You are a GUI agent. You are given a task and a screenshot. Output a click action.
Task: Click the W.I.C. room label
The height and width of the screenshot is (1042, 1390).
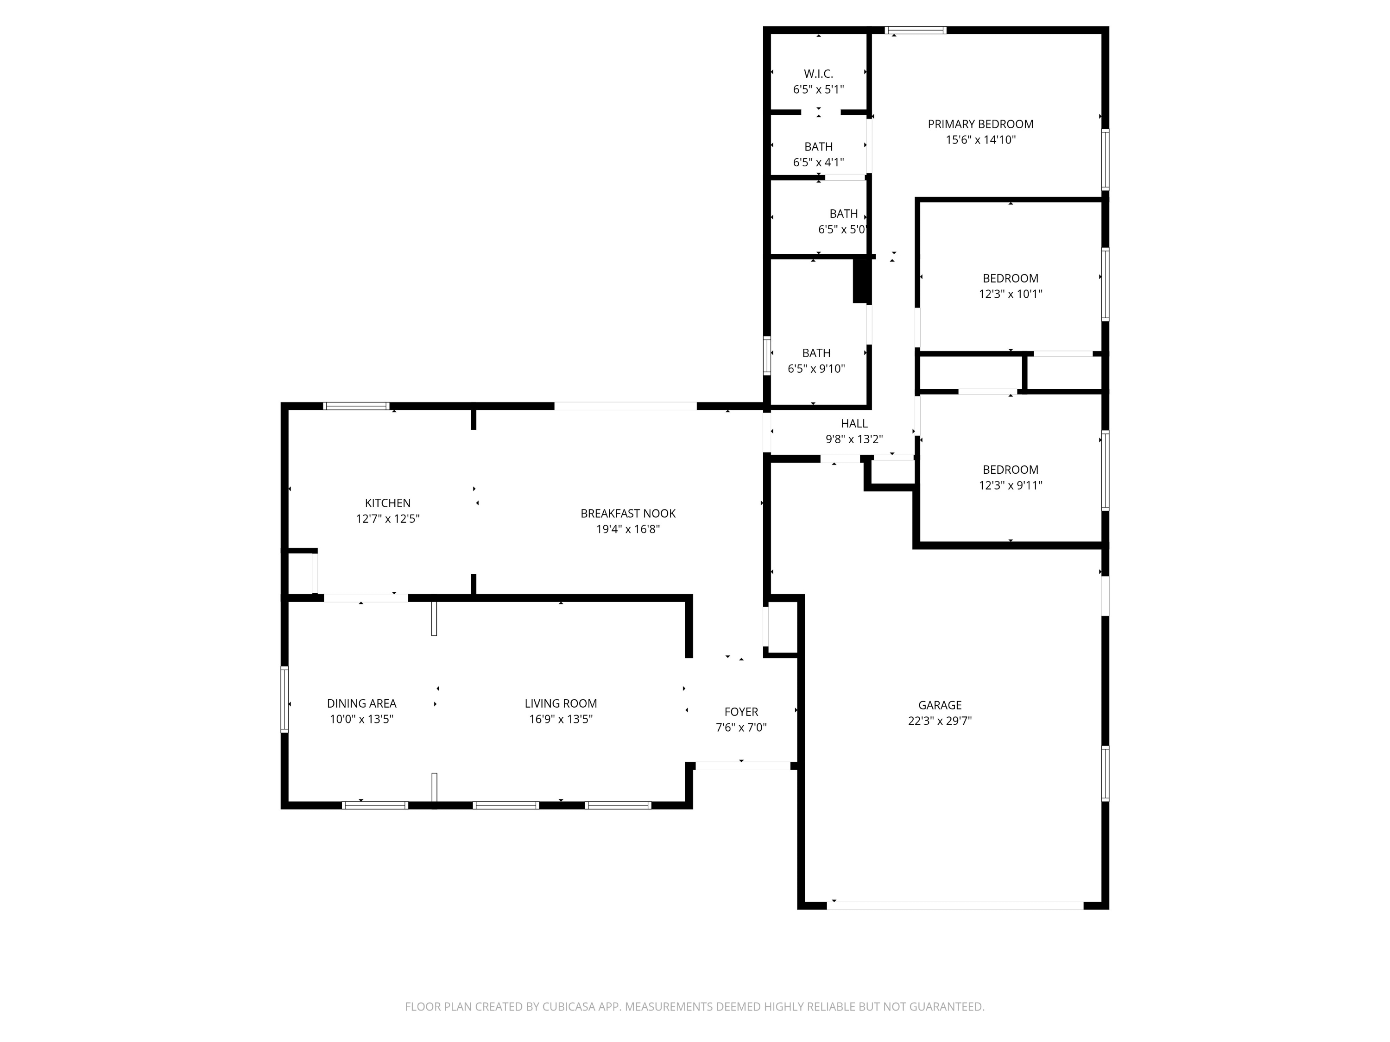[818, 74]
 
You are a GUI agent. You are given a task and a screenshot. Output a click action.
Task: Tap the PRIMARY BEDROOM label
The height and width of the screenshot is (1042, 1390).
[980, 125]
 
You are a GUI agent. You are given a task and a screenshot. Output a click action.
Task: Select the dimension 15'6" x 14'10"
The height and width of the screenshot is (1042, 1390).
[980, 140]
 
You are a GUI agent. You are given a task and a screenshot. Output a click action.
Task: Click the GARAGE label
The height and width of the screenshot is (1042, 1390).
[940, 705]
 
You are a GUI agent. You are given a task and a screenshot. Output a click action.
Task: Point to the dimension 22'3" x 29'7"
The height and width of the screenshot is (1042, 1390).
[940, 721]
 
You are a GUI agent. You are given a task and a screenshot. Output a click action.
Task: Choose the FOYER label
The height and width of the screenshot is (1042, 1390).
[741, 712]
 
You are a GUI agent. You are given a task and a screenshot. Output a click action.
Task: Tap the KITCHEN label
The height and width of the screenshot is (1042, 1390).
[388, 503]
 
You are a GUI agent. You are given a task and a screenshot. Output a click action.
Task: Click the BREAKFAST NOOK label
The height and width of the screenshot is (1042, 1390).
[628, 514]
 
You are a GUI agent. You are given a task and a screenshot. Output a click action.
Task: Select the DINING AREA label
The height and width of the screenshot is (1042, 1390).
[361, 703]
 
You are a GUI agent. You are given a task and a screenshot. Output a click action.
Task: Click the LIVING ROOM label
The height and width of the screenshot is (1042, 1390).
[561, 703]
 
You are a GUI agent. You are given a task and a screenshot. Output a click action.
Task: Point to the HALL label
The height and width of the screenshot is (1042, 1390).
[854, 424]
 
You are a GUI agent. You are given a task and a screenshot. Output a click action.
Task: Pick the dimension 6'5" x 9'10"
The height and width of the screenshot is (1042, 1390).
[816, 369]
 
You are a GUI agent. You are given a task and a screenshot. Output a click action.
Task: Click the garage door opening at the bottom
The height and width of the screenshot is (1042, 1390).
[955, 906]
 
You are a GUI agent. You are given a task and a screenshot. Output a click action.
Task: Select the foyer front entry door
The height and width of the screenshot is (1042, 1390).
[742, 766]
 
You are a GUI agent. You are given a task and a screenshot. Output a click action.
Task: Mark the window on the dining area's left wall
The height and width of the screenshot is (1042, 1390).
[284, 699]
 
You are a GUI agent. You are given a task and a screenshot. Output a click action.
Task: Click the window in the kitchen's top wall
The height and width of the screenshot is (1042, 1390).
[356, 406]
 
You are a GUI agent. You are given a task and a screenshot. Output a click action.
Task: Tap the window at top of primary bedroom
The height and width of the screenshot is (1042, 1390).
[916, 30]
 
